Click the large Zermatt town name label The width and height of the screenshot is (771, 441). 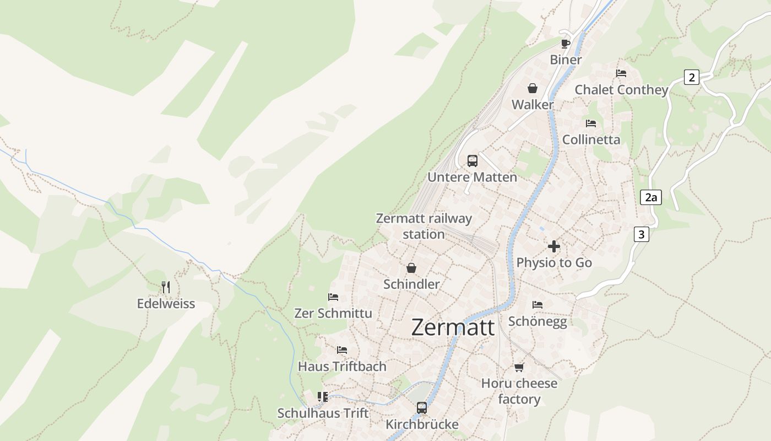pos(453,327)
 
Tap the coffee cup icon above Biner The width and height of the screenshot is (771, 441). pos(566,44)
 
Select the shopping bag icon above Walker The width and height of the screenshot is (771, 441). pos(533,88)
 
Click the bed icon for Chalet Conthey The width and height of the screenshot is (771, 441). pos(621,73)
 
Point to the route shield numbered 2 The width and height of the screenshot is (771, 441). pos(691,77)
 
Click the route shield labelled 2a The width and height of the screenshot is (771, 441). pos(651,197)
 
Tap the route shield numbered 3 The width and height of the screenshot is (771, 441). pos(641,234)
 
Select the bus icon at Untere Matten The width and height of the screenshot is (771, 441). pos(473,161)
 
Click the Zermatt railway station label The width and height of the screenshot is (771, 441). pos(423,226)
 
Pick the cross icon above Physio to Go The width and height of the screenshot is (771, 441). pos(554,246)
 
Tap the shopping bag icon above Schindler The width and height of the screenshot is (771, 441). pos(411,268)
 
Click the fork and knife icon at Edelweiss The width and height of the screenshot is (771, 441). pos(166,287)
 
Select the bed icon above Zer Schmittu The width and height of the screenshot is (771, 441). pos(333,297)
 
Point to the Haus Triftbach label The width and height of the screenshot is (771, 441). pos(342,367)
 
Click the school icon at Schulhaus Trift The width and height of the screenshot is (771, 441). pos(323,397)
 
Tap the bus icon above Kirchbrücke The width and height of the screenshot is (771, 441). pos(422,408)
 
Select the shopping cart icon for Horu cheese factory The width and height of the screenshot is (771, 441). pos(519,367)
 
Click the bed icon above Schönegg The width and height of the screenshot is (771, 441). pos(537,305)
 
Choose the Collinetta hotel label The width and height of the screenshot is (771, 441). pos(591,139)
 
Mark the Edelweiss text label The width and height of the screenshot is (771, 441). pos(166,304)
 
